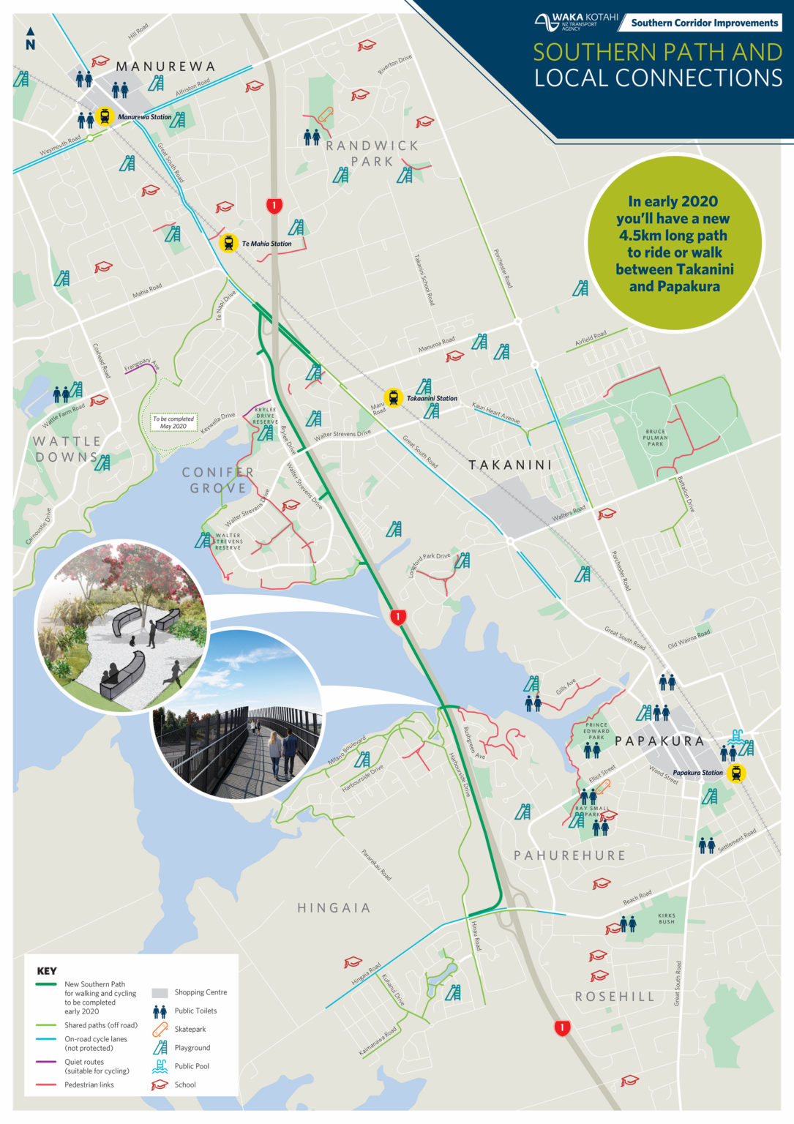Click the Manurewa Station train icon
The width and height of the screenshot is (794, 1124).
tap(105, 116)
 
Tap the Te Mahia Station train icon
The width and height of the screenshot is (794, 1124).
tap(229, 243)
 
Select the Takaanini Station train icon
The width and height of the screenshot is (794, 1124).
tap(394, 398)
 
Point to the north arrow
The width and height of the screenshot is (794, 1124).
tap(30, 39)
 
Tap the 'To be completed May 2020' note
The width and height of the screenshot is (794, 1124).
tap(173, 423)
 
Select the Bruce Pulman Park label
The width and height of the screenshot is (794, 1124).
tap(655, 438)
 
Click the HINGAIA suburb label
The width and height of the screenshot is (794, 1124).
tap(334, 908)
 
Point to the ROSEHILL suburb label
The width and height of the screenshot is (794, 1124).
tap(615, 997)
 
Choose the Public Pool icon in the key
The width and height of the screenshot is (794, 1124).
tap(160, 1066)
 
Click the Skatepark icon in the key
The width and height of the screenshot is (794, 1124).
tap(160, 1029)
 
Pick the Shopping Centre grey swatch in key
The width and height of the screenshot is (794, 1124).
tap(160, 993)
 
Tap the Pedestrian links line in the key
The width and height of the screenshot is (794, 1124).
tap(46, 1085)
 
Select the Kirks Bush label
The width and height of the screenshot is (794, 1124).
tap(666, 918)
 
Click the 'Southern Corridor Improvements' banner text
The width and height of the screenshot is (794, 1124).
tap(704, 23)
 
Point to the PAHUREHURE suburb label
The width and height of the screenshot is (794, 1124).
tap(569, 855)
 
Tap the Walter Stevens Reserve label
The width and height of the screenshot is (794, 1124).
tap(228, 542)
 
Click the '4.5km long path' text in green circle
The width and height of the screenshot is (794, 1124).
tap(673, 236)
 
